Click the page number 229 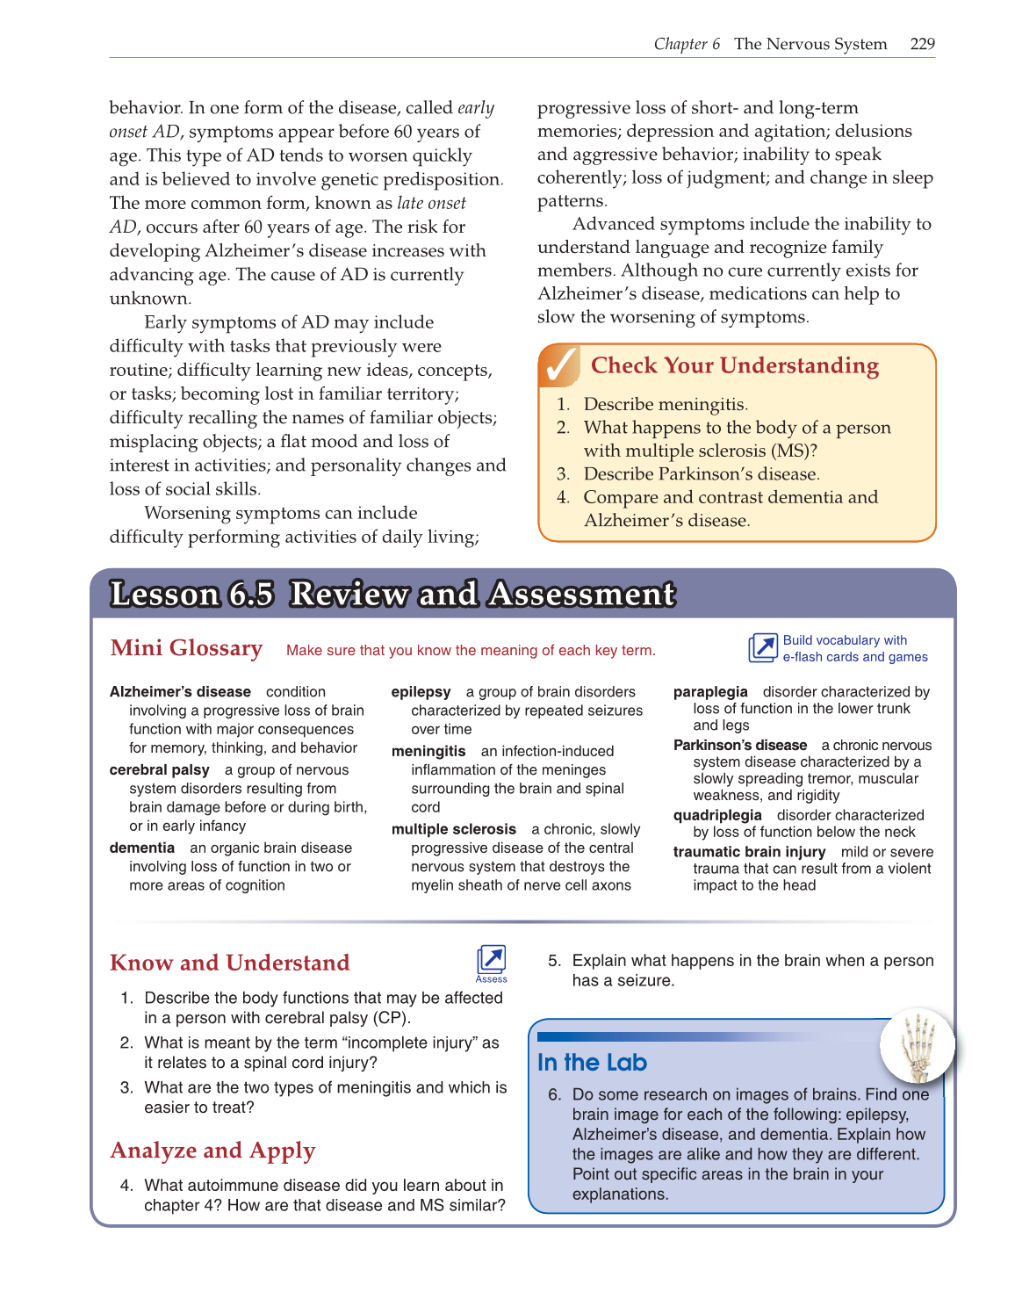[922, 44]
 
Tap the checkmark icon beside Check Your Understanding [560, 366]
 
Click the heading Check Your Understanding [734, 365]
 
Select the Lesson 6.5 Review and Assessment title [392, 595]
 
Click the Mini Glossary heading [186, 648]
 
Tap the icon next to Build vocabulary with [762, 648]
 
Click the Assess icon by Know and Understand [492, 962]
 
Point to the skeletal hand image [918, 1044]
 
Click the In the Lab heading [592, 1063]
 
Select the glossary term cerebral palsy [159, 770]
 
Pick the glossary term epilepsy [421, 692]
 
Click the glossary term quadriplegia [717, 815]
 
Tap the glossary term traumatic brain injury [749, 852]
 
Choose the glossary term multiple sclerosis [454, 829]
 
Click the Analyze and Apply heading [212, 1151]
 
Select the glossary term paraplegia [710, 692]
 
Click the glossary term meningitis [428, 751]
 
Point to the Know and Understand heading [229, 963]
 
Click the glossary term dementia [142, 848]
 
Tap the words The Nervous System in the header [810, 44]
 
